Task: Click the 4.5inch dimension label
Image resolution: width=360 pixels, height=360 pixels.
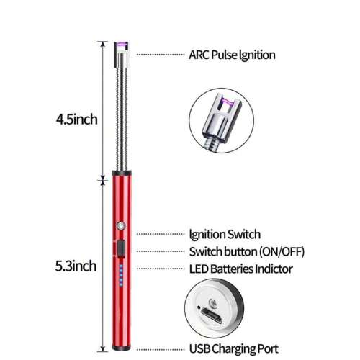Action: (x=77, y=120)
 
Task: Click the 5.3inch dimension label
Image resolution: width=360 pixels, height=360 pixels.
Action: (x=76, y=266)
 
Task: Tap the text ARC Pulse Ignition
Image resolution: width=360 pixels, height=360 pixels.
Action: (x=232, y=55)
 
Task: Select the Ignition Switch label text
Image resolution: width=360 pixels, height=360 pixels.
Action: (x=225, y=235)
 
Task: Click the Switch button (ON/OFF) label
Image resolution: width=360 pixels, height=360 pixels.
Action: (x=247, y=252)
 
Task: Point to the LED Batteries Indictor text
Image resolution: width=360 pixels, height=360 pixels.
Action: (x=241, y=269)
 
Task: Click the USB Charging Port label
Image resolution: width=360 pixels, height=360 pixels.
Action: (x=234, y=349)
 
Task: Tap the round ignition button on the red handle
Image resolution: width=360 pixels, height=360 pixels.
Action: (x=121, y=225)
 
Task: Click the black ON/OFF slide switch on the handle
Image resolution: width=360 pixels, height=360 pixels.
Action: (x=121, y=249)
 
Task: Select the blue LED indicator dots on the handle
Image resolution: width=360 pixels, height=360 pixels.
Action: (x=121, y=275)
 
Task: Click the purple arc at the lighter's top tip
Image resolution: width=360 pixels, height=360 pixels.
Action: (x=121, y=45)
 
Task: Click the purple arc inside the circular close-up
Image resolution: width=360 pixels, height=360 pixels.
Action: (x=227, y=102)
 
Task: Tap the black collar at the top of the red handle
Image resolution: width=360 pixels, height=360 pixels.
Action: (x=122, y=173)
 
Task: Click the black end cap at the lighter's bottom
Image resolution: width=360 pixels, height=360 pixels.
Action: (x=122, y=348)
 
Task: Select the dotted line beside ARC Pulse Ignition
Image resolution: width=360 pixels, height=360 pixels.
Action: (x=161, y=55)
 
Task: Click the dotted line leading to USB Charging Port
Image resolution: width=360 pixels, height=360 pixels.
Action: (x=161, y=350)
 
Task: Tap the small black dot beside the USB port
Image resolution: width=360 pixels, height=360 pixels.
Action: (x=199, y=307)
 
